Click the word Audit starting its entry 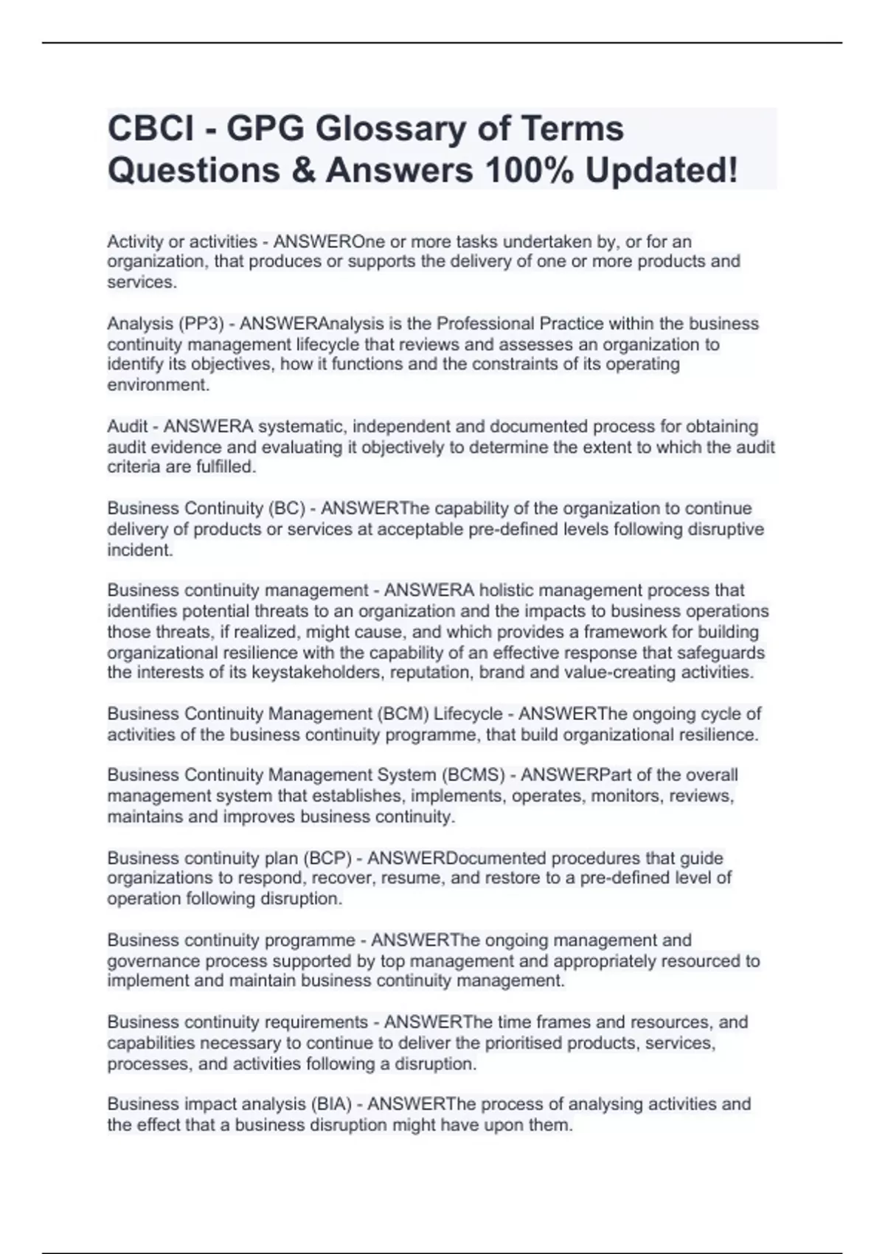coord(127,426)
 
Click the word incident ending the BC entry coord(140,550)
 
